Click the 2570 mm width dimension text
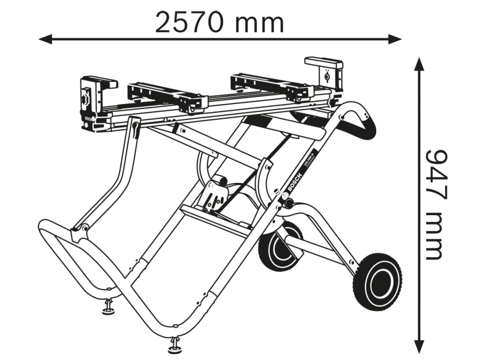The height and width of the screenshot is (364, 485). pos(219,22)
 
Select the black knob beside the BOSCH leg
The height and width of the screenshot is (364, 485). pos(288,203)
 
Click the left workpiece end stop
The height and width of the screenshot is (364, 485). pos(93,102)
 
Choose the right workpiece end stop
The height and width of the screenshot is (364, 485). pos(324,73)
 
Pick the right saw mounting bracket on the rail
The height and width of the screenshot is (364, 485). pos(272,87)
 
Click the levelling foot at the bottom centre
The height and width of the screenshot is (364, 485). pos(175,346)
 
